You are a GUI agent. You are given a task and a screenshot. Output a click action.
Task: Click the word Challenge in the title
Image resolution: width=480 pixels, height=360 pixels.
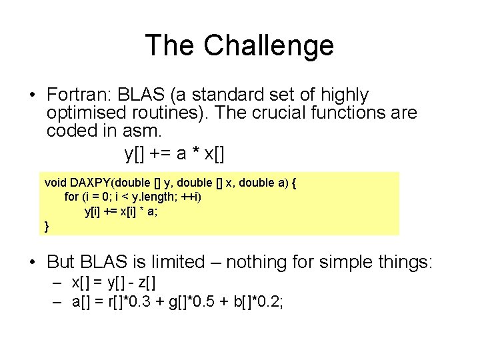tap(268, 45)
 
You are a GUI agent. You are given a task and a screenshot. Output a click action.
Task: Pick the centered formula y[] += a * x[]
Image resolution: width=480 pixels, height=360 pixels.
tap(175, 154)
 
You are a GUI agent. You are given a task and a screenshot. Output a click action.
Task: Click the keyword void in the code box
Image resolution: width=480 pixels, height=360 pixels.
tap(55, 182)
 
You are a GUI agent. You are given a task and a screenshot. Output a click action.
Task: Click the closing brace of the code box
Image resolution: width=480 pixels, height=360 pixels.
tap(47, 227)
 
